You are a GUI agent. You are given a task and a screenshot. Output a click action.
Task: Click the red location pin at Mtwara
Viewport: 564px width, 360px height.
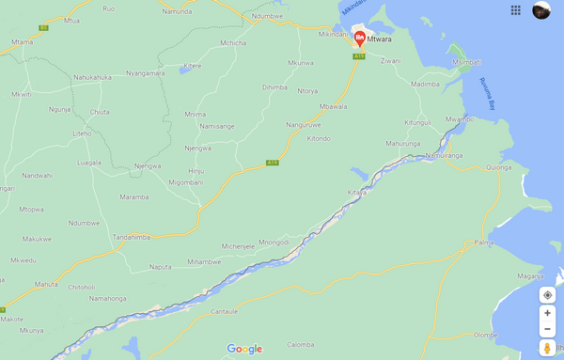tap(359, 39)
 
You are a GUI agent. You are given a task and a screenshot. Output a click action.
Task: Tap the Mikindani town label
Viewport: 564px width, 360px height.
tap(333, 34)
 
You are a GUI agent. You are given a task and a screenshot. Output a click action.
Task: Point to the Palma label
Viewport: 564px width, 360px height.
tap(483, 243)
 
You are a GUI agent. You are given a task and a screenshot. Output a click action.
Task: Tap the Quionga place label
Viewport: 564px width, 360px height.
tap(499, 167)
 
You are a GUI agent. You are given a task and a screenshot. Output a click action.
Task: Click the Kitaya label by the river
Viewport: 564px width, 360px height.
tap(356, 192)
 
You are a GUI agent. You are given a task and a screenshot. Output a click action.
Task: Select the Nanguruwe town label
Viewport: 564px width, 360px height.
tap(304, 123)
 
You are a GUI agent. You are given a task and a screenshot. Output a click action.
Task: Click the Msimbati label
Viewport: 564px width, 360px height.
tap(465, 62)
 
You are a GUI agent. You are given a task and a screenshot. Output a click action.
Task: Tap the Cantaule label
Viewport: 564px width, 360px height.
tap(224, 311)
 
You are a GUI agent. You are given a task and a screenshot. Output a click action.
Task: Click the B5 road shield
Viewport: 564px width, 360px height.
tap(44, 28)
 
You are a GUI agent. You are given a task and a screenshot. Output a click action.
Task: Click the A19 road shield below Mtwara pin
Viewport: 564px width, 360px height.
tap(358, 56)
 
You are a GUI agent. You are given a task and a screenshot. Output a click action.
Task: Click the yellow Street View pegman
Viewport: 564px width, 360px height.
tap(547, 349)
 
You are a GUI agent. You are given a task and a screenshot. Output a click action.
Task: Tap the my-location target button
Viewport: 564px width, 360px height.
tap(547, 295)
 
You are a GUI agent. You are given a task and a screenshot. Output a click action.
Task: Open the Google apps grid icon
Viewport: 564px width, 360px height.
tap(515, 10)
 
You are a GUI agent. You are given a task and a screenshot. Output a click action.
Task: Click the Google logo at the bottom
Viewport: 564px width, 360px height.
tap(243, 349)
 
